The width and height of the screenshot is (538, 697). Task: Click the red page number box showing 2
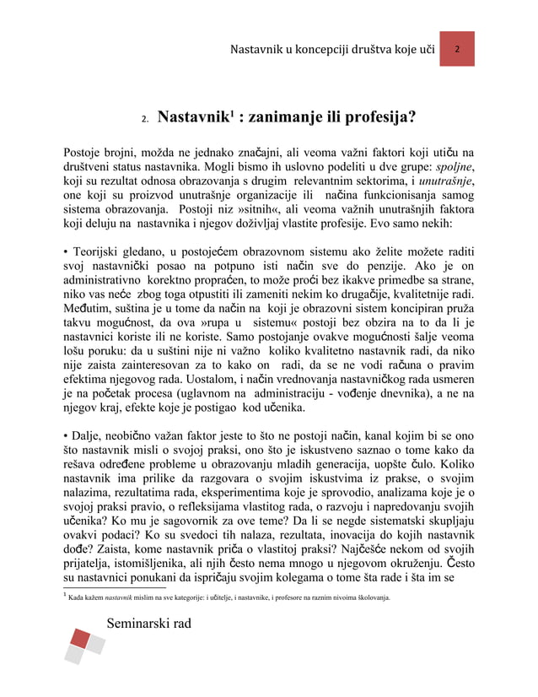pyautogui.click(x=457, y=48)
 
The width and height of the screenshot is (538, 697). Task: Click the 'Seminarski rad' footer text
pyautogui.click(x=148, y=624)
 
